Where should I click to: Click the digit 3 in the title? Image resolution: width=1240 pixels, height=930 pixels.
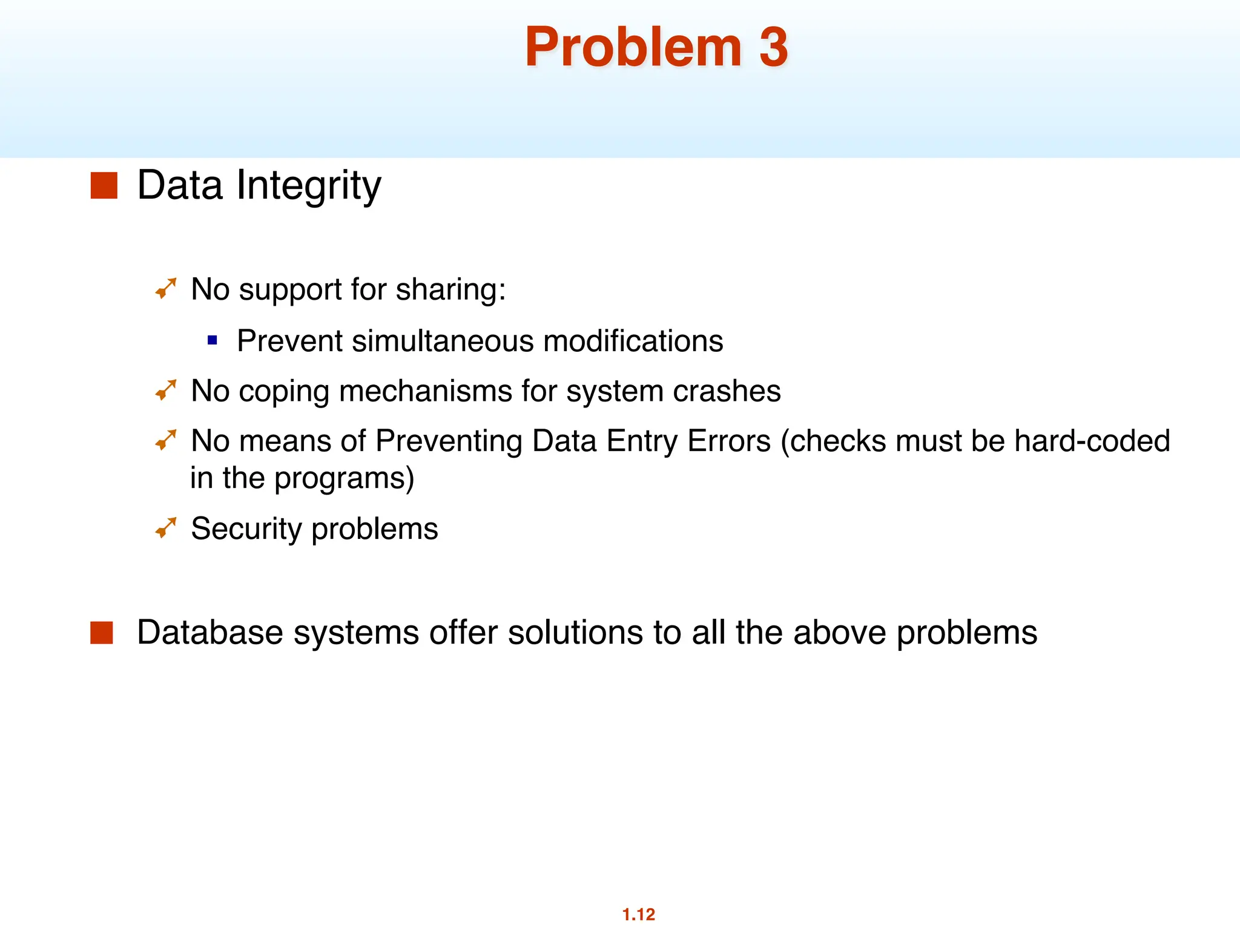click(x=773, y=47)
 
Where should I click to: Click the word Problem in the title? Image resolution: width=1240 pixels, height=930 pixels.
click(x=633, y=47)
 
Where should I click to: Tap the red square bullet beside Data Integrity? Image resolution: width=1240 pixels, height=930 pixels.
click(x=104, y=185)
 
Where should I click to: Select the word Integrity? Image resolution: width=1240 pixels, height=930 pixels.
click(x=309, y=185)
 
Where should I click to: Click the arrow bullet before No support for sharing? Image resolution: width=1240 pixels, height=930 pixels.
click(x=166, y=288)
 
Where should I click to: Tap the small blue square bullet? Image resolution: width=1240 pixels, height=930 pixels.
click(x=212, y=340)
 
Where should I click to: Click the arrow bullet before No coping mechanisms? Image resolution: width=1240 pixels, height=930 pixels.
click(x=166, y=390)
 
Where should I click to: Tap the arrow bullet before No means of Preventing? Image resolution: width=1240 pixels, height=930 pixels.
click(x=166, y=440)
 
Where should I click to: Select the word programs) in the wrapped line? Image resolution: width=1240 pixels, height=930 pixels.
click(x=344, y=478)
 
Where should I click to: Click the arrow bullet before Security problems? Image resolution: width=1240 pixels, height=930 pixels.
click(x=166, y=528)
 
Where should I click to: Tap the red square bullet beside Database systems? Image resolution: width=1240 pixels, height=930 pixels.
click(x=102, y=633)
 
